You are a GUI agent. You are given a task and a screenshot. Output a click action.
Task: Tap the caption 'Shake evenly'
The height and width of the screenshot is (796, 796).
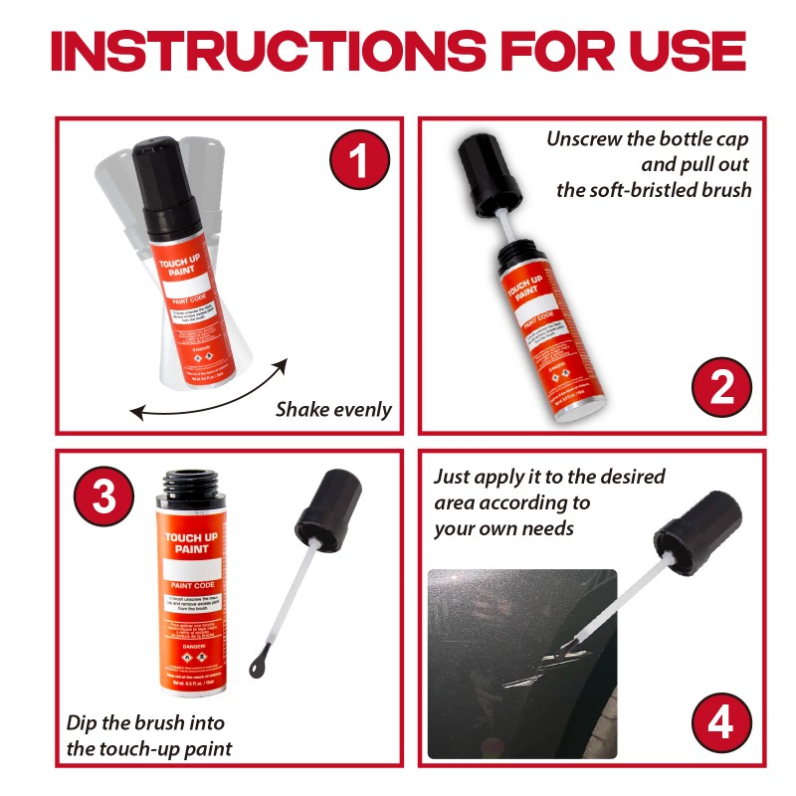click(x=333, y=409)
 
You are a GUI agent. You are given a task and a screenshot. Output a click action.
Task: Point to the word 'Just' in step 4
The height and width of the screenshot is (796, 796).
click(x=453, y=478)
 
